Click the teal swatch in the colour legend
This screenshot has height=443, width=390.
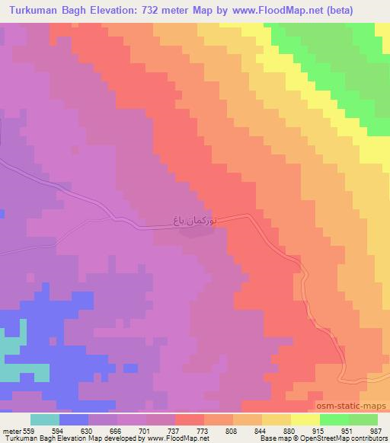pyautogui.click(x=45, y=419)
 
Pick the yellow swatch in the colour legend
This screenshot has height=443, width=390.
pyautogui.click(x=305, y=419)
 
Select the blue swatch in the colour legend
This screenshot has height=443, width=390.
pyautogui.click(x=74, y=419)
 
